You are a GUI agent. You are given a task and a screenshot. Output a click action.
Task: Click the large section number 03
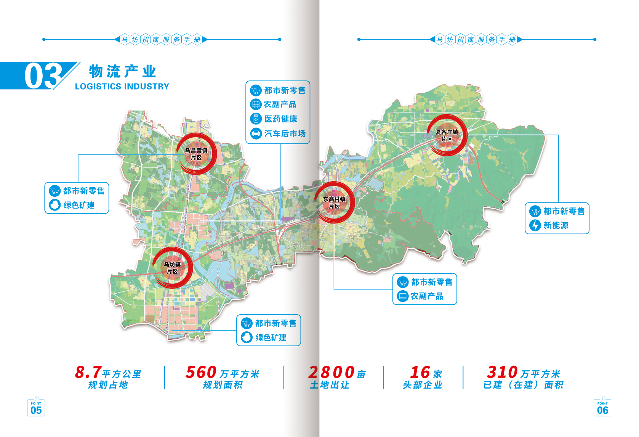pyautogui.click(x=43, y=76)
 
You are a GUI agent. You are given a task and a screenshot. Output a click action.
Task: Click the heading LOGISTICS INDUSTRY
pyautogui.click(x=122, y=87)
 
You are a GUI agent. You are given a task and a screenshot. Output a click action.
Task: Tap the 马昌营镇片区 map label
pyautogui.click(x=196, y=154)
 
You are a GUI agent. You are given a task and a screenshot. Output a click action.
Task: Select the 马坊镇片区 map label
pyautogui.click(x=172, y=268)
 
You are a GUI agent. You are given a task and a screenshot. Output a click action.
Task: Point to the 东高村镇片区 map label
pyautogui.click(x=334, y=202)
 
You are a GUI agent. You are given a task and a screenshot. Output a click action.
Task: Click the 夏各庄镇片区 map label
pyautogui.click(x=447, y=136)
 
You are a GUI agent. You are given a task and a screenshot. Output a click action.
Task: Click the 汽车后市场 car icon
pyautogui.click(x=256, y=133)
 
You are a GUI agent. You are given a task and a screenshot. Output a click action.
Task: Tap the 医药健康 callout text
pyautogui.click(x=281, y=119)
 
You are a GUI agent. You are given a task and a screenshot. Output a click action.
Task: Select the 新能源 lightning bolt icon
pyautogui.click(x=535, y=225)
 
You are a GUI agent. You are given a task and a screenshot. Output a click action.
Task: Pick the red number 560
pyautogui.click(x=201, y=372)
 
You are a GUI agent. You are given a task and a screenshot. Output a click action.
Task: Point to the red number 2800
pyautogui.click(x=332, y=372)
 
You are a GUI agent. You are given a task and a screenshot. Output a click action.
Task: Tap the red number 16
pyautogui.click(x=420, y=372)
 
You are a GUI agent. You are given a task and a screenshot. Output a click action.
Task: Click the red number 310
pyautogui.click(x=502, y=372)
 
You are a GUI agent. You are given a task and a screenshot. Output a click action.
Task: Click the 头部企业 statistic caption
pyautogui.click(x=423, y=385)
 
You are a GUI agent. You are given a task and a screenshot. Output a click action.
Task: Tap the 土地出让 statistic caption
pyautogui.click(x=330, y=385)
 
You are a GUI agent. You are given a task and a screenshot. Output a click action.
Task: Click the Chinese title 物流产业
pyautogui.click(x=123, y=71)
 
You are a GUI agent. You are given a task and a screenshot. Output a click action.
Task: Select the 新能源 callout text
pyautogui.click(x=556, y=225)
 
